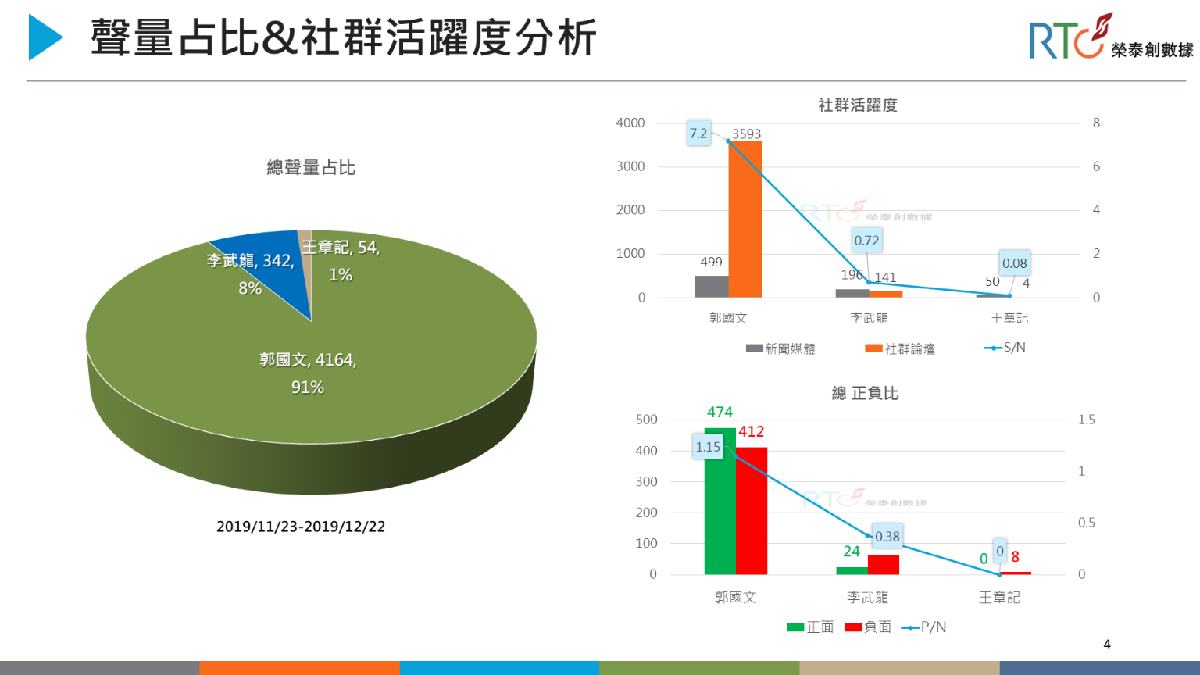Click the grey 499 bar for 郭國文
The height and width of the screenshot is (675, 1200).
(711, 286)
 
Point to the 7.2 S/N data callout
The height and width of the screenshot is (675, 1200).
(698, 134)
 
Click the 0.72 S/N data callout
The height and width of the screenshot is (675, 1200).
(866, 241)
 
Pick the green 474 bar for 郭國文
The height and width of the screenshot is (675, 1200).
(720, 500)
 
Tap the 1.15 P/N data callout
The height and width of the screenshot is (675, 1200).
(708, 447)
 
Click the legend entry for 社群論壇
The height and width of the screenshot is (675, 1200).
(900, 348)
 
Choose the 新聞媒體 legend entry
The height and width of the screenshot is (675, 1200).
(780, 348)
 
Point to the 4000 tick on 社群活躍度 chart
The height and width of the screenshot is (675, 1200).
(630, 123)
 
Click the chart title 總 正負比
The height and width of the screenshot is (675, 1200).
(865, 393)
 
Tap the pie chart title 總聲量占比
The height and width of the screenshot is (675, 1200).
(311, 167)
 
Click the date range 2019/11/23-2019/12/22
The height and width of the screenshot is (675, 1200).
(301, 527)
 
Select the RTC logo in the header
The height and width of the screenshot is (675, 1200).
(1109, 39)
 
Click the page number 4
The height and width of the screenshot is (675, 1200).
(1107, 645)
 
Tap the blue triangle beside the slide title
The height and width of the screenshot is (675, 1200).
(45, 37)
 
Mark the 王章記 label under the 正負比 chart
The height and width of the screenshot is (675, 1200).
(999, 598)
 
